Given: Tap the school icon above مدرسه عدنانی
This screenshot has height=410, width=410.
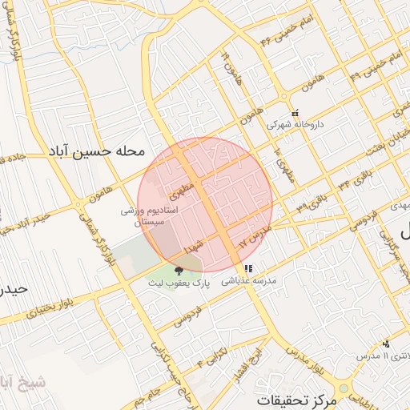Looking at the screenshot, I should click(249, 269).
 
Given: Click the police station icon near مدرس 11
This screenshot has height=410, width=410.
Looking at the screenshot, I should click(386, 344).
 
